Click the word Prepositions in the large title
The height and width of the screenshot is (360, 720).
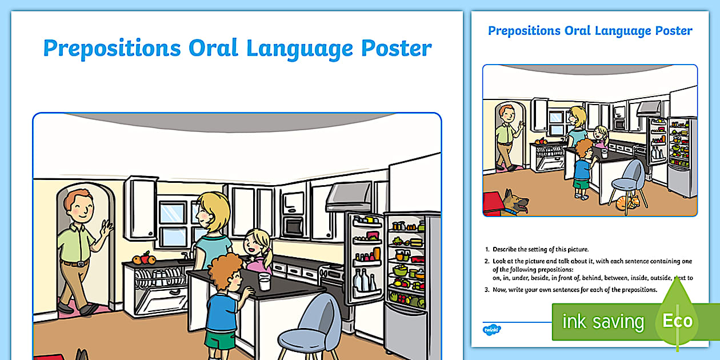[111, 49]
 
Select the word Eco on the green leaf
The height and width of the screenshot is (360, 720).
[677, 321]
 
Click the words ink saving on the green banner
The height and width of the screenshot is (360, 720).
[602, 322]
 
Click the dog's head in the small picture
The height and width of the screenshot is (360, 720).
[519, 201]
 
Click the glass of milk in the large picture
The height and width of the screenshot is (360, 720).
[264, 281]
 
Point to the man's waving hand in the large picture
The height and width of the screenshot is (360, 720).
[106, 230]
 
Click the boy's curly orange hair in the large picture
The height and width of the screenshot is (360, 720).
[225, 271]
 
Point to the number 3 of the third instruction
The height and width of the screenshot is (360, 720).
[487, 290]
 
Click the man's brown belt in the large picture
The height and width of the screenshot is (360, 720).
[74, 263]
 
